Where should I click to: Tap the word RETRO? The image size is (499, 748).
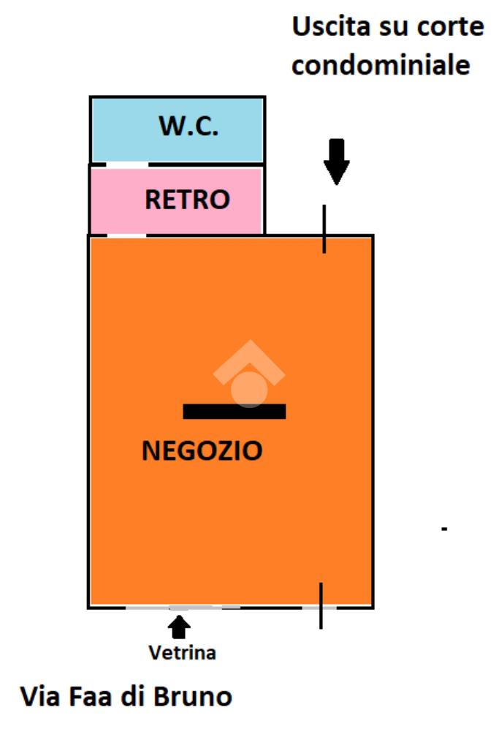tap(187, 199)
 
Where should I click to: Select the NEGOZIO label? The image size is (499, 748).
tap(202, 450)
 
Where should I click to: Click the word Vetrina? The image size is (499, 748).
tap(182, 652)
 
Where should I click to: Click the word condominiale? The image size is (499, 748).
tap(381, 65)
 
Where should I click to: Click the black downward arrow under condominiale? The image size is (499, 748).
tap(336, 162)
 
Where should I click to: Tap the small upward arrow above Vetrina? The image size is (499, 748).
tap(179, 627)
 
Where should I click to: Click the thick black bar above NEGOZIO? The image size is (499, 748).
tap(234, 412)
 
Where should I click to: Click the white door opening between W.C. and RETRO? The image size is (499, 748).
tap(127, 165)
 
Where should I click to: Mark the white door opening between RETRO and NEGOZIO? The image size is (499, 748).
tap(126, 235)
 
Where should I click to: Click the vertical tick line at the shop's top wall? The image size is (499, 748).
tap(324, 229)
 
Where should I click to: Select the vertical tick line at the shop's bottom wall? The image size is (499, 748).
tap(320, 605)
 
